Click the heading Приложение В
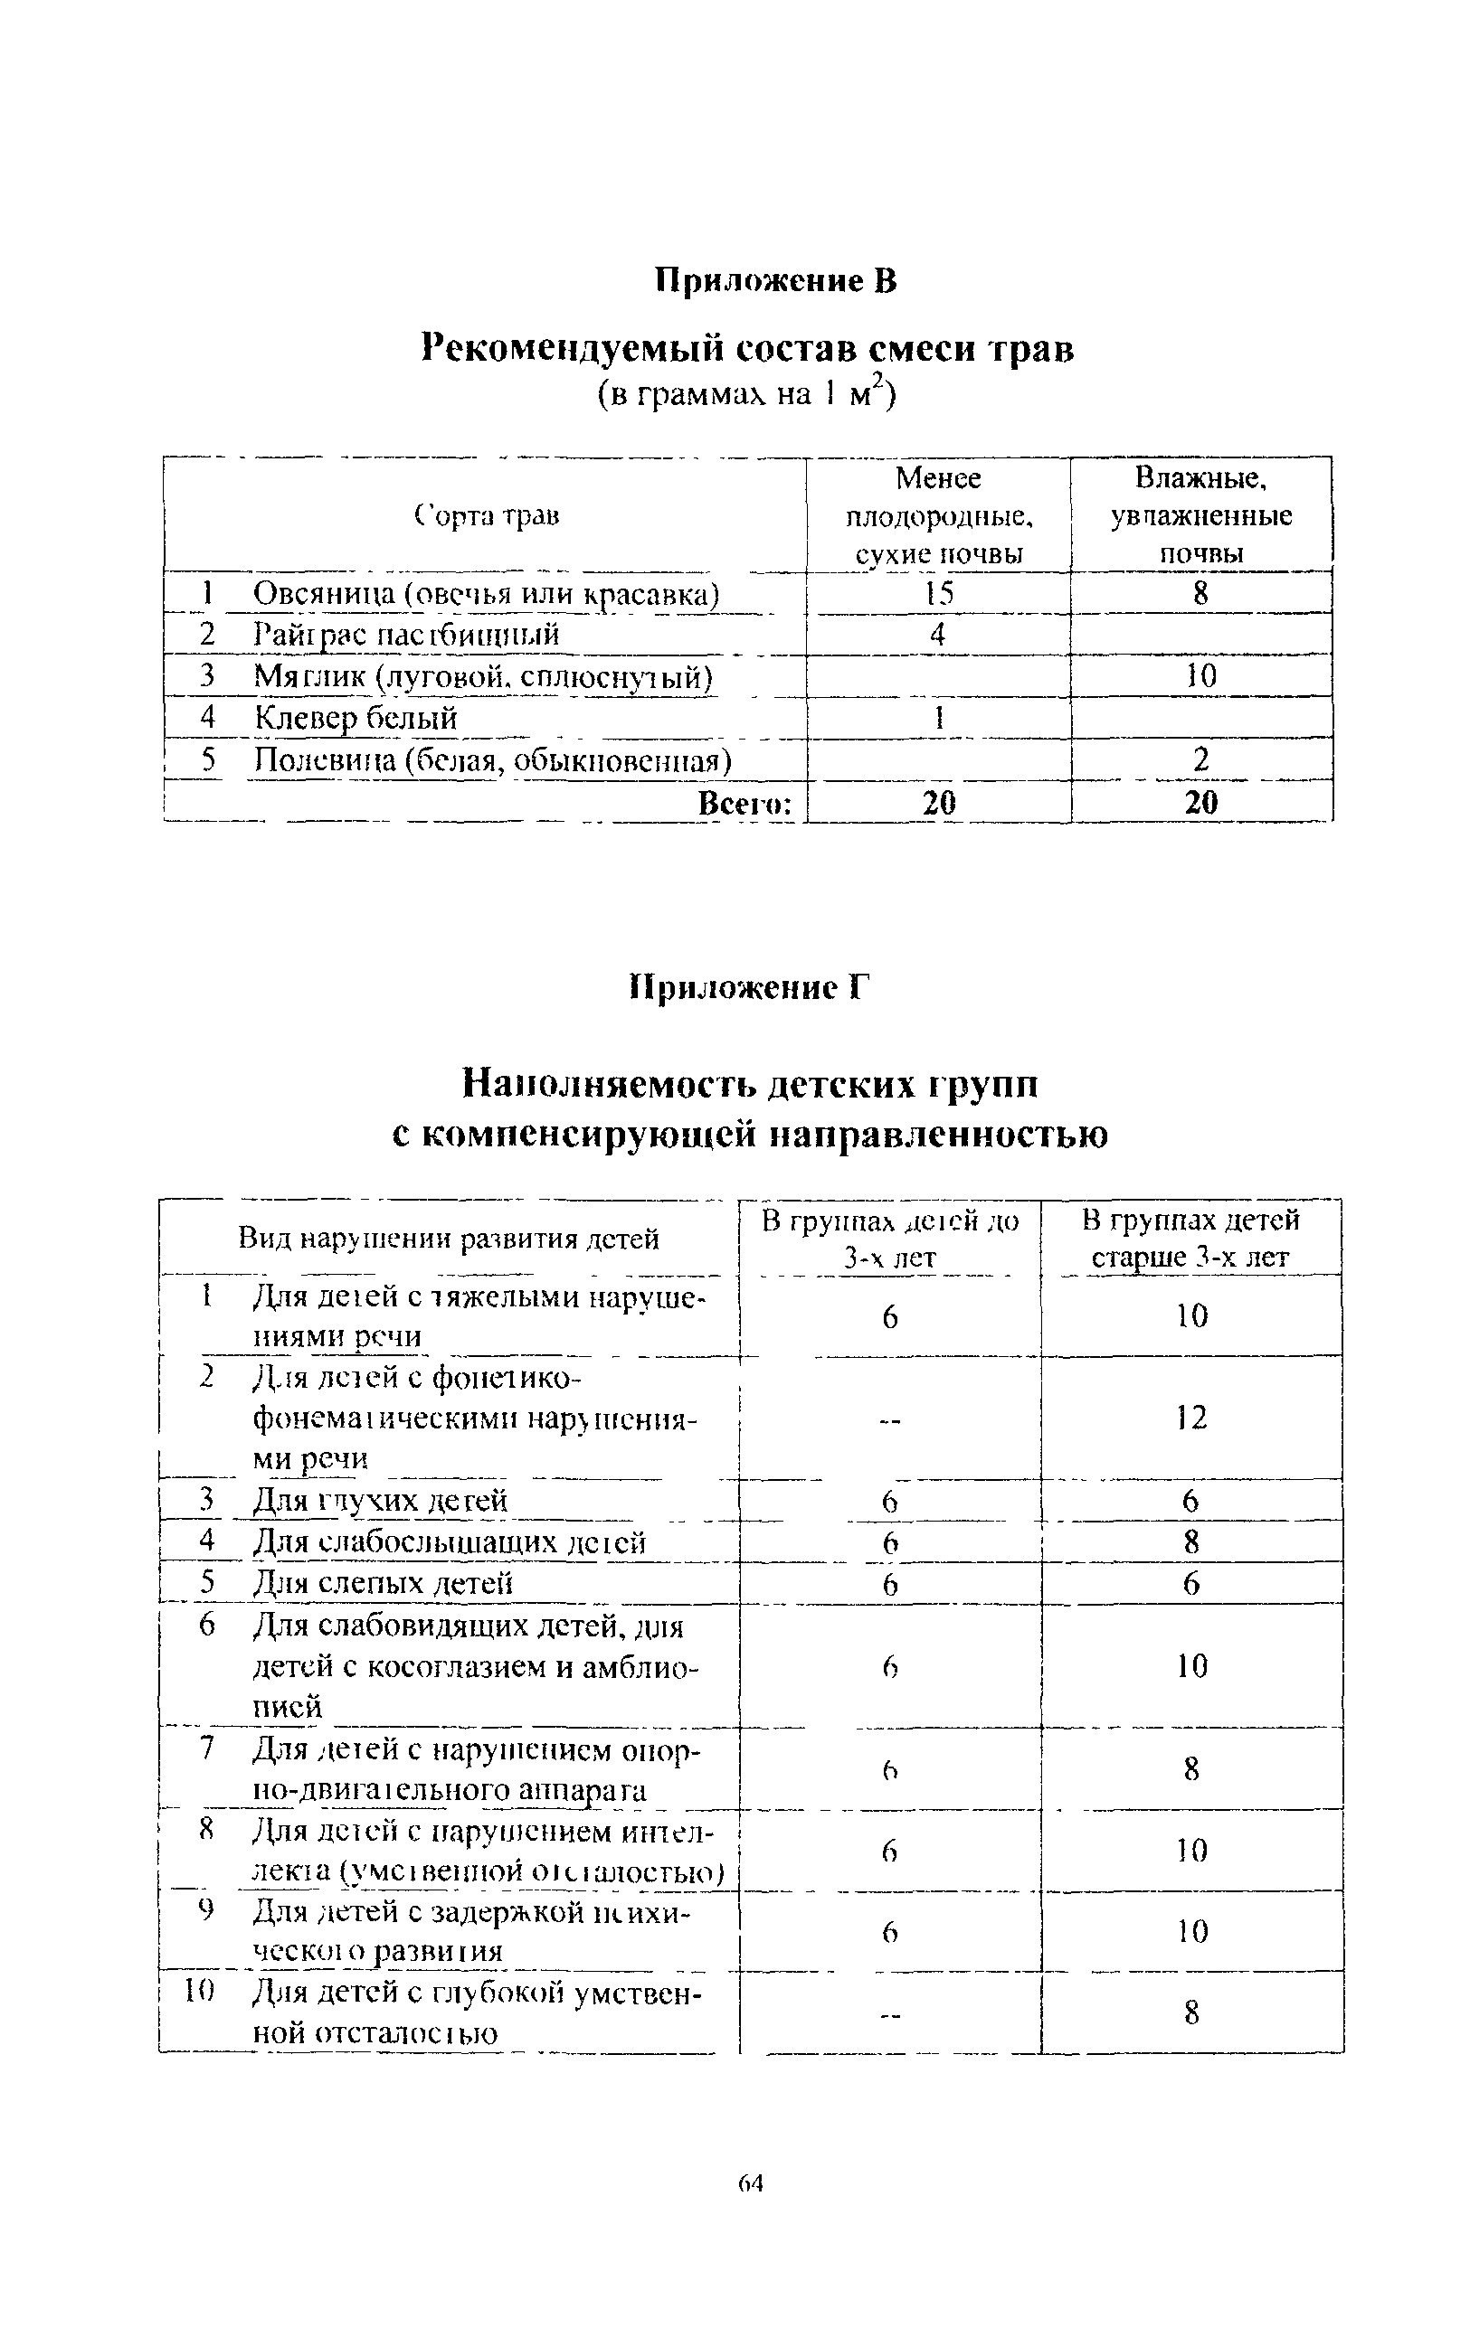click(x=776, y=280)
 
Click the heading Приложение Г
click(x=750, y=987)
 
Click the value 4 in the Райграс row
click(x=937, y=634)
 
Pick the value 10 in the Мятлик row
click(x=1200, y=675)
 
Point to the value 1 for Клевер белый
click(x=938, y=717)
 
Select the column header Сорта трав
click(x=487, y=516)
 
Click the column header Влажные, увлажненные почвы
click(x=1200, y=515)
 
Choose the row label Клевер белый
click(x=355, y=717)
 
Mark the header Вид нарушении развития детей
click(x=449, y=1239)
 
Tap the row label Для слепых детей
click(x=382, y=1584)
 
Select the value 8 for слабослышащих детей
click(x=1191, y=1542)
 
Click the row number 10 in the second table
click(x=197, y=1991)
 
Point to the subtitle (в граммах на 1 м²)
click(x=745, y=394)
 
